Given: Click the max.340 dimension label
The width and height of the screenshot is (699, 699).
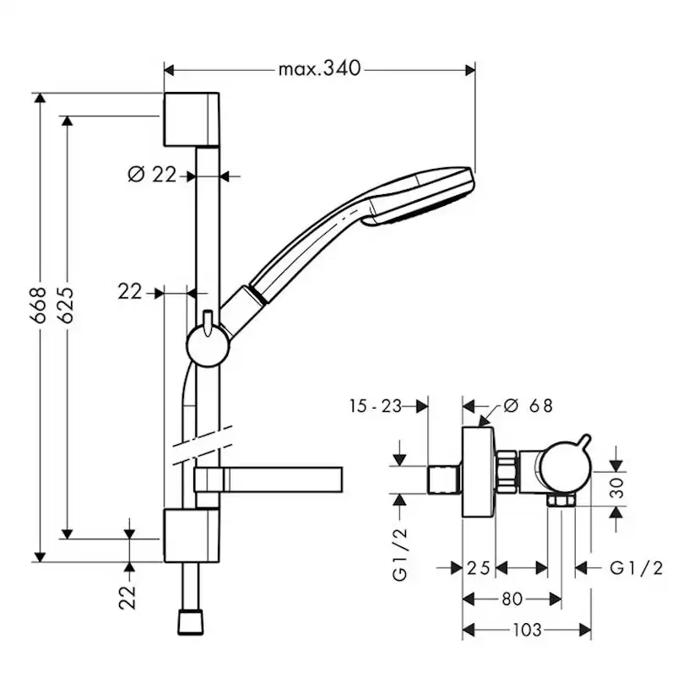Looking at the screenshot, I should [319, 69].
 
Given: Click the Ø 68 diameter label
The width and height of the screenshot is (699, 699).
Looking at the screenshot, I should [528, 405].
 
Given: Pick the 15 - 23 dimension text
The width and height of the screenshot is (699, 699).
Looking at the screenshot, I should [374, 405].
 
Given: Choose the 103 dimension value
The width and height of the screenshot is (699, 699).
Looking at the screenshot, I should [526, 630].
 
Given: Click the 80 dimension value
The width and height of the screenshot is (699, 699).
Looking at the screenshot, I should [512, 599].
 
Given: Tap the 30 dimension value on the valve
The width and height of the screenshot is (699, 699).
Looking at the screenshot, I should [618, 487].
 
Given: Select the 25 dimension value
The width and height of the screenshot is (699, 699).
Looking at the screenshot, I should [479, 567].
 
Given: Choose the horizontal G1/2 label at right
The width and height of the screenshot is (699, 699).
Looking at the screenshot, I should [636, 567].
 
